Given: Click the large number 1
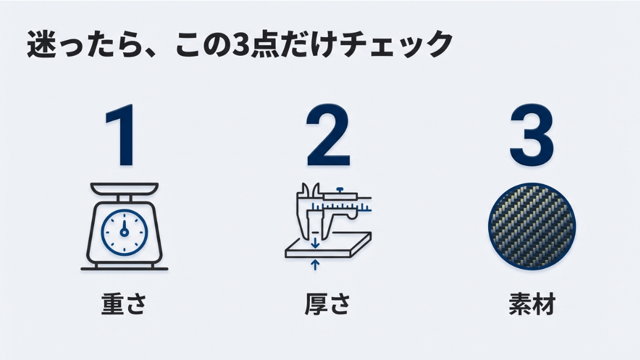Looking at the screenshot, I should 123,136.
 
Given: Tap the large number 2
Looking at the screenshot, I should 328,136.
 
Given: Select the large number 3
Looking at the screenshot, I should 531,136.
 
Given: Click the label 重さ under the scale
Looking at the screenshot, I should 124,305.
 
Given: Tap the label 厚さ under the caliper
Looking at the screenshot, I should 328,305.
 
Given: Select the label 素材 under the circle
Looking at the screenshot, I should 532,305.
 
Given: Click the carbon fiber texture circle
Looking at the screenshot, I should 532,226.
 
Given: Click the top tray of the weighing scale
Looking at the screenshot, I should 124,189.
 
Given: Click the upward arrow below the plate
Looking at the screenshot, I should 315,265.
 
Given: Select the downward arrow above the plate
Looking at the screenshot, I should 315,242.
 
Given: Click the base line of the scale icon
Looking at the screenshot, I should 124,269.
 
